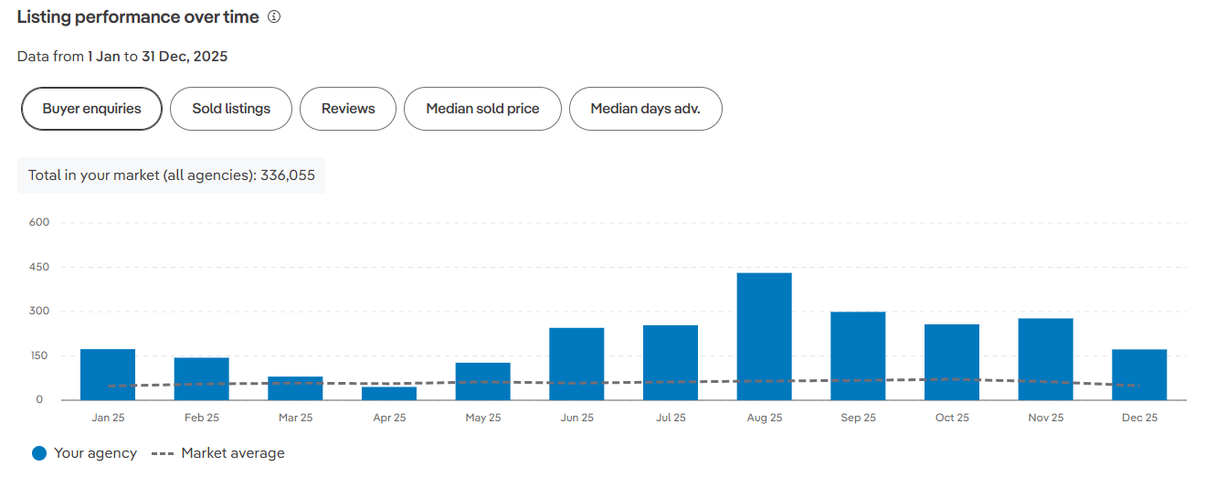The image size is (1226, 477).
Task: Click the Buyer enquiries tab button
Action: pos(91,109)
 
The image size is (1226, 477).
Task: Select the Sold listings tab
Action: pos(231,109)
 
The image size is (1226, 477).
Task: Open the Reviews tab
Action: pos(348,109)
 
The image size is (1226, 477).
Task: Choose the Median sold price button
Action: pos(482,109)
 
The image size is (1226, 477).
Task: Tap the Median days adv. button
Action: pos(645,109)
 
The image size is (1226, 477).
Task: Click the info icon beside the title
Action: pos(274,16)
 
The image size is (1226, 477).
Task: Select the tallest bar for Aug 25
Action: pos(765,336)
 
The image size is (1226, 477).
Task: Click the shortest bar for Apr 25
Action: pos(389,393)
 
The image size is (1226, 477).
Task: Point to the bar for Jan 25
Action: pos(108,375)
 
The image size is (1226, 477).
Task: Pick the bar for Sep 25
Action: pos(858,355)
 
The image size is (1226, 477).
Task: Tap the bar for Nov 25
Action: pos(1045,359)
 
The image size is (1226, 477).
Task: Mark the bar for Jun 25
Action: pos(576,364)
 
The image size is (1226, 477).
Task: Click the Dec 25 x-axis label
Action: pos(1139,418)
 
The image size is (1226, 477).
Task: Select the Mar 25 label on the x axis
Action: pos(295,418)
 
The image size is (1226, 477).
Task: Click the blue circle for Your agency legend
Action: pos(39,453)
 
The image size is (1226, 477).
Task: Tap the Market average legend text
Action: pos(233,453)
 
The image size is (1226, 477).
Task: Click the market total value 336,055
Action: pos(288,175)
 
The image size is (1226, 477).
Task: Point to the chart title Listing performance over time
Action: pos(138,16)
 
